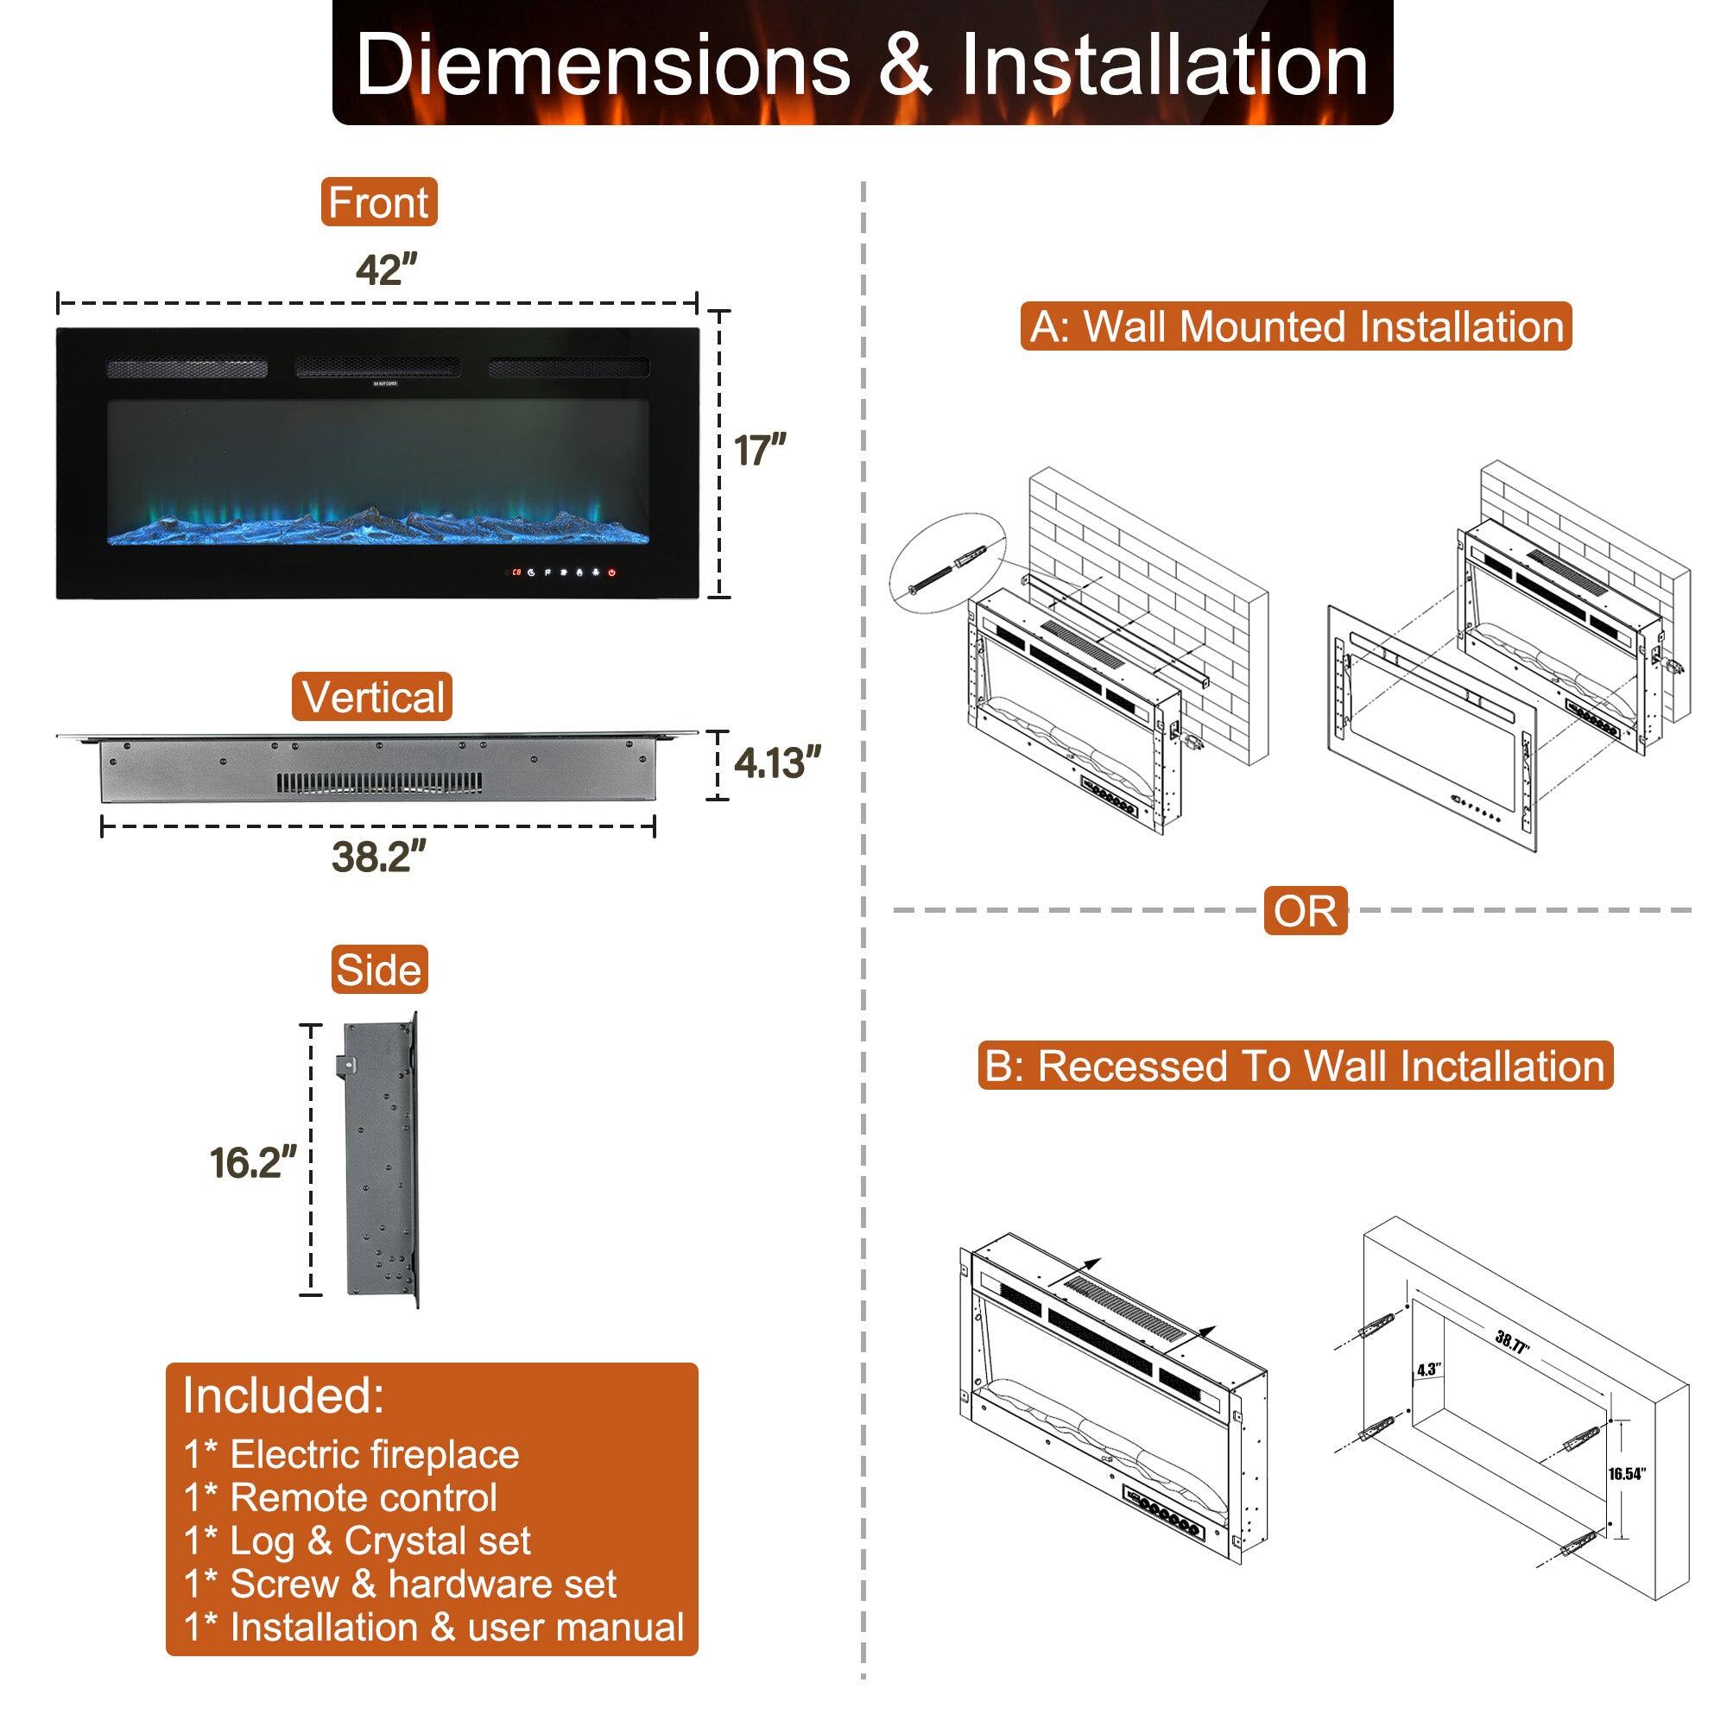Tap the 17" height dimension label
point(760,450)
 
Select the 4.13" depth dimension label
point(777,764)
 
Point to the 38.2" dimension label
point(378,857)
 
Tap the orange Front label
point(378,202)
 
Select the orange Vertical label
point(372,697)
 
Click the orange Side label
point(378,970)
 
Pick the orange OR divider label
point(1305,911)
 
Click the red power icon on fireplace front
point(612,573)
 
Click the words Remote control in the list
point(364,1497)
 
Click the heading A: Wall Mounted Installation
point(1296,326)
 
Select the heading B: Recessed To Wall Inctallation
point(1295,1066)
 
